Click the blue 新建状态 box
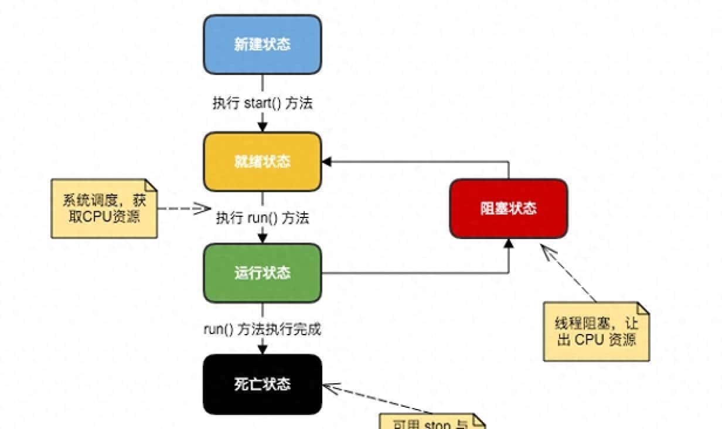tap(262, 45)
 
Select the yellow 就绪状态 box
tap(262, 161)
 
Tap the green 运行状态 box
tap(262, 273)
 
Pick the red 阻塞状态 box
tap(508, 208)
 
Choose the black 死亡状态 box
tap(262, 384)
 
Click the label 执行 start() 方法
tap(262, 103)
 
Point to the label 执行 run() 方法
tap(262, 218)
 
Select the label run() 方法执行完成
tap(262, 329)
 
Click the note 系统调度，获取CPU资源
tap(104, 208)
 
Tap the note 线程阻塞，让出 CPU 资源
tap(596, 332)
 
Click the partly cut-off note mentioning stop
tap(432, 423)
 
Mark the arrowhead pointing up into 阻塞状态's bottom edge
tap(508, 243)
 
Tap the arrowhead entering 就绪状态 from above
tap(263, 127)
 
